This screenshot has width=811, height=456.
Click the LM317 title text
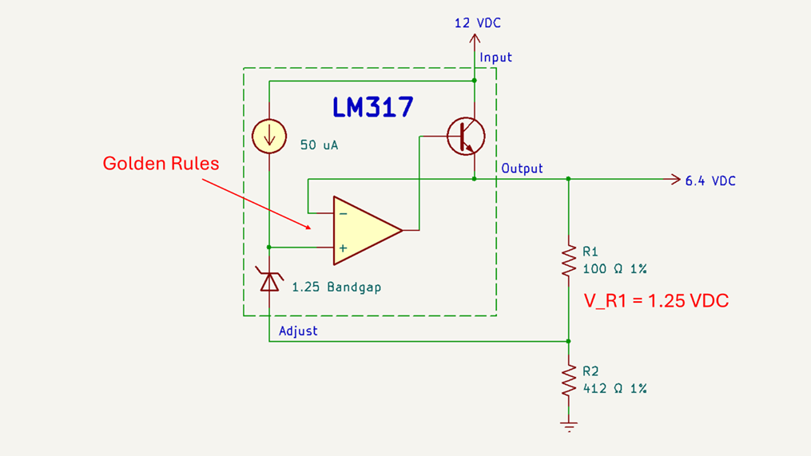click(373, 107)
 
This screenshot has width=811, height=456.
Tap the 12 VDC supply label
click(478, 23)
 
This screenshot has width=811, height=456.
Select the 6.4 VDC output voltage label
click(710, 181)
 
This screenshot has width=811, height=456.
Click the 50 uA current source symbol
click(269, 136)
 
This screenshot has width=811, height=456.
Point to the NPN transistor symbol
click(466, 137)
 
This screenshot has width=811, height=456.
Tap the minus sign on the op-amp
click(344, 213)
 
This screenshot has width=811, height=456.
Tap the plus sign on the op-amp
click(344, 248)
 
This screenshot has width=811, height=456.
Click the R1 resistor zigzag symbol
click(569, 260)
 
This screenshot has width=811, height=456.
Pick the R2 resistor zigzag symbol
click(569, 380)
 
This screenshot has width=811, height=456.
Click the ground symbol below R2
click(569, 426)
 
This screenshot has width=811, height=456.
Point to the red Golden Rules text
click(161, 164)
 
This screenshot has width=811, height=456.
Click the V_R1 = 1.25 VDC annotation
click(656, 301)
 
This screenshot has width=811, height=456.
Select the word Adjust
click(298, 331)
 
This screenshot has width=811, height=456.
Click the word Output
click(522, 169)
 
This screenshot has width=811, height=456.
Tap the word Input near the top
click(495, 57)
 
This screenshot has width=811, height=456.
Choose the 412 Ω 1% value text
click(614, 388)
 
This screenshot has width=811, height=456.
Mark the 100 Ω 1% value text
click(614, 268)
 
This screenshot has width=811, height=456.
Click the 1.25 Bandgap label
click(336, 286)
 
